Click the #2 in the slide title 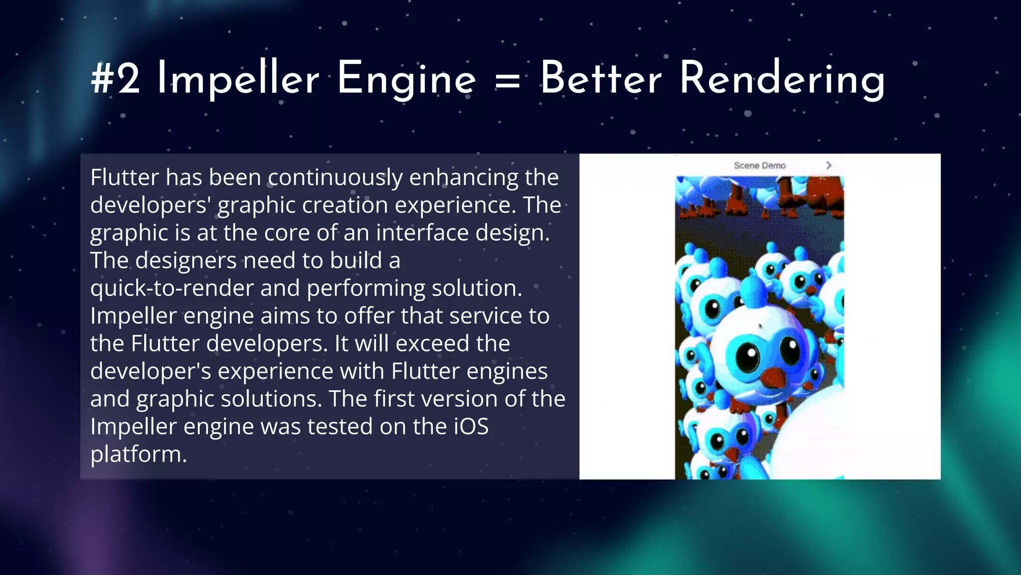pos(116,79)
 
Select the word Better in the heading pos(601,78)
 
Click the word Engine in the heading pos(406,80)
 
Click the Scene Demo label pos(759,165)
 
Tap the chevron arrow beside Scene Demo pos(829,165)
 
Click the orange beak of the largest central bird pos(774,378)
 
